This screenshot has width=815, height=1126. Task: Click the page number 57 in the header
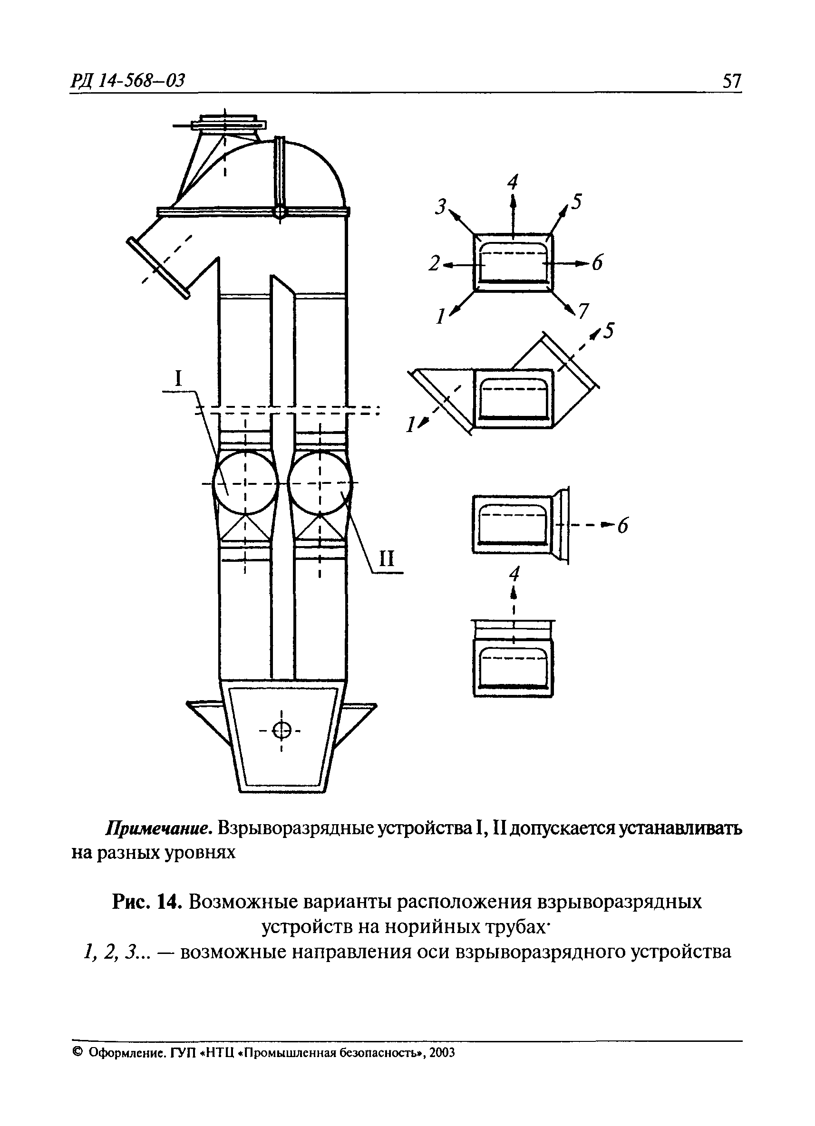click(x=731, y=80)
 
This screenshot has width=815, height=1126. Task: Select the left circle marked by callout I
click(x=245, y=482)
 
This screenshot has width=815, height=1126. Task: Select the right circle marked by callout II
click(x=320, y=482)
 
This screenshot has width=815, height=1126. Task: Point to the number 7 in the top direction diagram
click(x=583, y=311)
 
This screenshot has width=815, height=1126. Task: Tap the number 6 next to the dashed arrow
click(x=622, y=525)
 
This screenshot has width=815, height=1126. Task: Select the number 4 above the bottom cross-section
click(x=514, y=575)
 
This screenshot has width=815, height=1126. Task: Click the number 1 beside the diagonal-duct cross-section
click(x=411, y=424)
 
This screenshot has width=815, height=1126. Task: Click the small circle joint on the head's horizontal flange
click(x=280, y=212)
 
